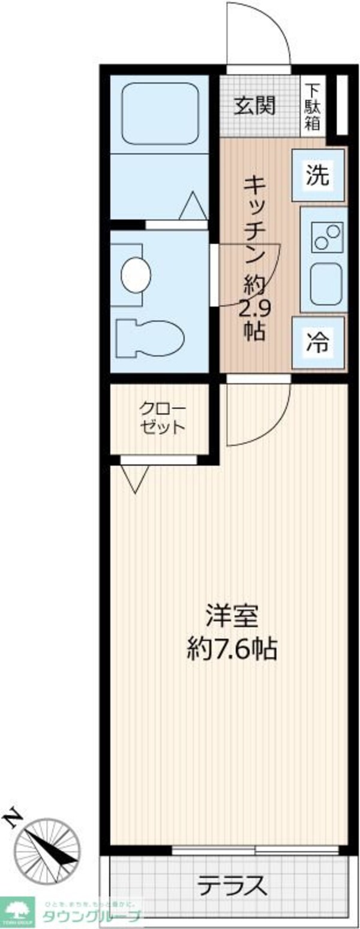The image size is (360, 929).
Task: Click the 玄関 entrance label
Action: pyautogui.click(x=254, y=106)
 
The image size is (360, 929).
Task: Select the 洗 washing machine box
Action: pyautogui.click(x=318, y=175)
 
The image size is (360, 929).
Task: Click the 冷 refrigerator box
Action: pyautogui.click(x=318, y=343)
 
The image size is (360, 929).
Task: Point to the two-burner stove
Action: pyautogui.click(x=327, y=236)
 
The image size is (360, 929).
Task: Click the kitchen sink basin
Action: pyautogui.click(x=326, y=283)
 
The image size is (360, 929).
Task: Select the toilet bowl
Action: pyautogui.click(x=150, y=337)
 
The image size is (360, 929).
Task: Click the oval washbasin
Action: pyautogui.click(x=136, y=275)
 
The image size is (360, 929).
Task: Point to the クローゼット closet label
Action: pyautogui.click(x=162, y=418)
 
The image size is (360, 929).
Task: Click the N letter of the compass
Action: pyautogui.click(x=13, y=817)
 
